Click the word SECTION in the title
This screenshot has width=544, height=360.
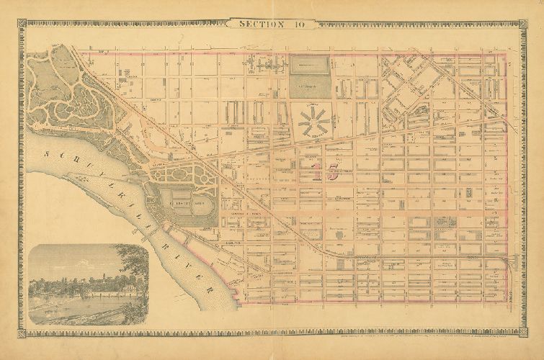click(x=261, y=24)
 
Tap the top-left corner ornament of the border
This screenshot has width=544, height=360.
click(x=20, y=22)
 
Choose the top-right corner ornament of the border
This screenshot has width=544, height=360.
click(x=523, y=22)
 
